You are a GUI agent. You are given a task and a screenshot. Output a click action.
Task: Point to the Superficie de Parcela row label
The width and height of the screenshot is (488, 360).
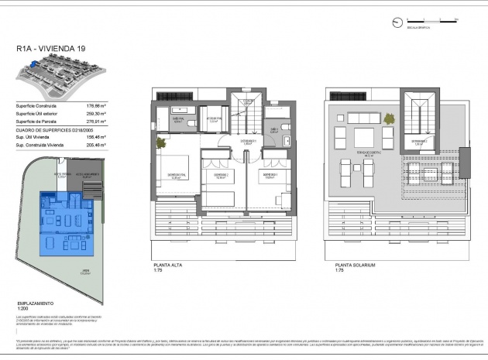tap(36, 122)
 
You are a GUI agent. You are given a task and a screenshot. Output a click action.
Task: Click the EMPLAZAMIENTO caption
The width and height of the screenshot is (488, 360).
tap(36, 303)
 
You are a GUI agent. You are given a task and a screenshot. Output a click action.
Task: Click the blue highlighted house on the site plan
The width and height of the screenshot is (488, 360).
tap(66, 220)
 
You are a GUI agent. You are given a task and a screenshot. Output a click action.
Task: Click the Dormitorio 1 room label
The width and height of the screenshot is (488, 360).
tap(269, 175)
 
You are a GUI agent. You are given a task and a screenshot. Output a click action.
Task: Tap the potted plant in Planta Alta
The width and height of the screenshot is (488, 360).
tap(160, 143)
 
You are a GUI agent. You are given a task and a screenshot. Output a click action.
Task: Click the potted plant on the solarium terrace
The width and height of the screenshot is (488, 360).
tap(339, 116)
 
